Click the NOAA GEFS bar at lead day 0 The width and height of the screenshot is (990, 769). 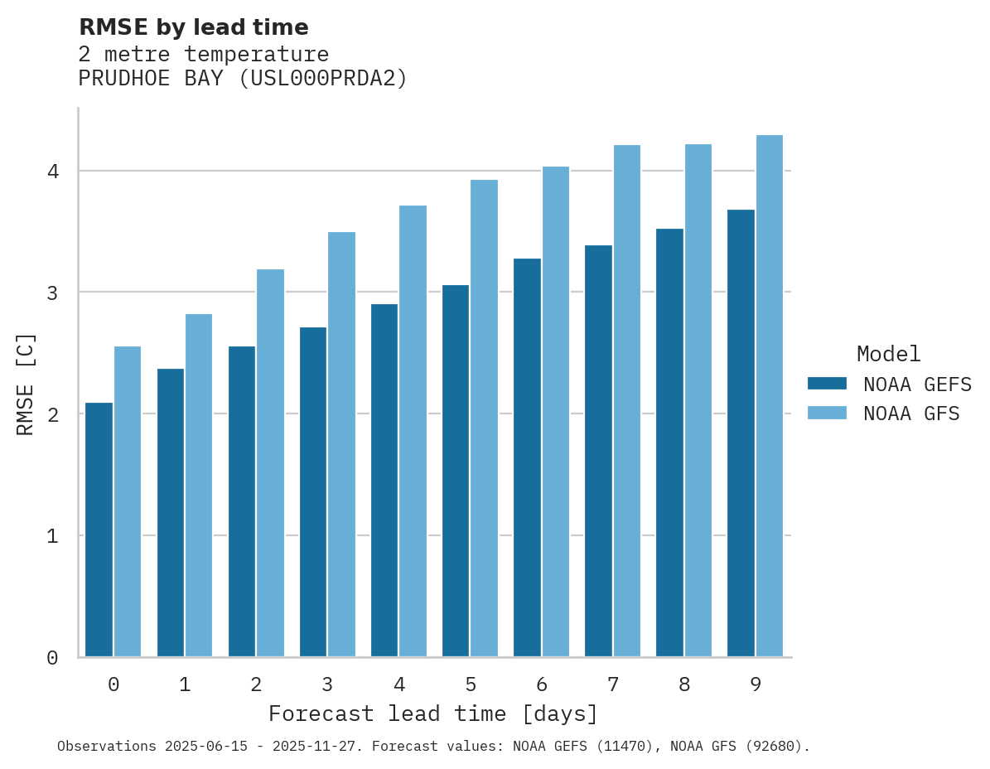pos(99,530)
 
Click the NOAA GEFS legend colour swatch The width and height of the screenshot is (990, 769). pos(827,384)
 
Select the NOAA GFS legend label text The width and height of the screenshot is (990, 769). pos(911,414)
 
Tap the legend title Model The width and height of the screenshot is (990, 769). pos(888,354)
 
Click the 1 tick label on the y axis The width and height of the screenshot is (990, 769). pos(52,536)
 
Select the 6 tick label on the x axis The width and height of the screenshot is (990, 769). pos(542,684)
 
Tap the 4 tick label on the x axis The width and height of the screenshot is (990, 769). pos(399,684)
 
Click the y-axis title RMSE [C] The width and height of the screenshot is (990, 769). pos(26,383)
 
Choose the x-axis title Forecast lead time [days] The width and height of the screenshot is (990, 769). pos(432,713)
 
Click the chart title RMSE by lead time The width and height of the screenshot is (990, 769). pos(193,27)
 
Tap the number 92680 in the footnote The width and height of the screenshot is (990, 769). pos(774,747)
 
